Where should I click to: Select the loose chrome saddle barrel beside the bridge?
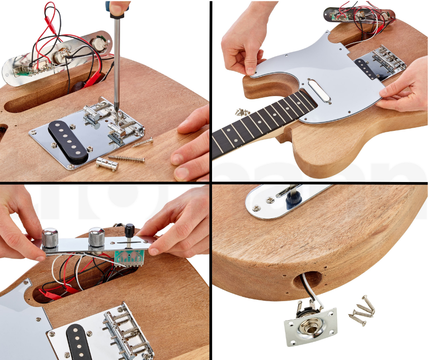coord(107,164)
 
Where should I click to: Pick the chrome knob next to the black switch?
coord(96,237)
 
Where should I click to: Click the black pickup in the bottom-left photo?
coord(80,342)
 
